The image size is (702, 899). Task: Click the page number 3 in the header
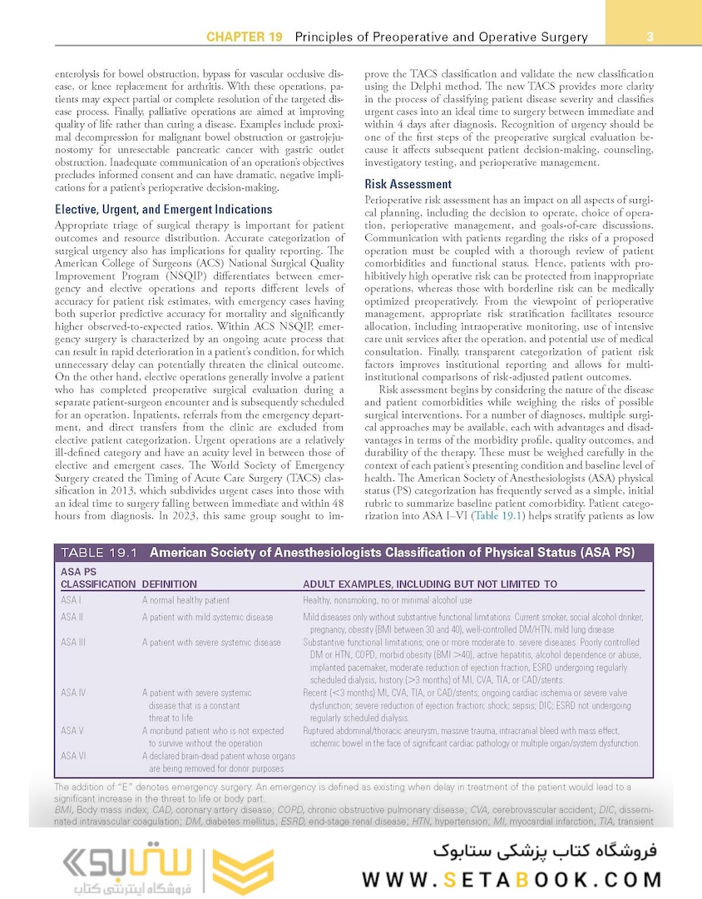649,37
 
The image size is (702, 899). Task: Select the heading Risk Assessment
408,184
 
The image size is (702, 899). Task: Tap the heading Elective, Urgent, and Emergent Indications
164,209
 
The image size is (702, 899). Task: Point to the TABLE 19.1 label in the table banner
99,551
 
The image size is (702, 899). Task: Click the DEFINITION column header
170,584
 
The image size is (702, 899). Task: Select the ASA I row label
72,600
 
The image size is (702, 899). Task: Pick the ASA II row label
72,617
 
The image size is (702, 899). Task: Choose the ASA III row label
74,643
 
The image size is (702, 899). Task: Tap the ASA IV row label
74,693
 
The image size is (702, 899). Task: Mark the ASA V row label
72,731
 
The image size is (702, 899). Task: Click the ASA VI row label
73,756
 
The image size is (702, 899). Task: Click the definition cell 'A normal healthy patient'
185,600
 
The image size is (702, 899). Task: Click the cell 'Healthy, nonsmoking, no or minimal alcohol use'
388,600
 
